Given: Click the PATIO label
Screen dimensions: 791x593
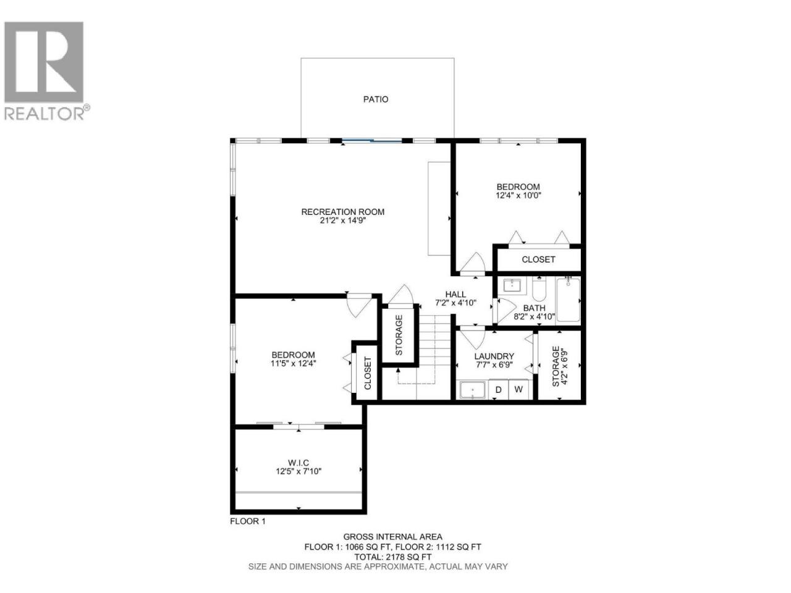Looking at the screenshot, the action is click(376, 99).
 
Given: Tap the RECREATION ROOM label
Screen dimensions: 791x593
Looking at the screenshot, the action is click(342, 212).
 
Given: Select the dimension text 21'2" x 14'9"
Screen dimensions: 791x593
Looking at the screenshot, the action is click(342, 221).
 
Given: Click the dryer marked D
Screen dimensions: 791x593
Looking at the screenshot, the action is click(498, 389).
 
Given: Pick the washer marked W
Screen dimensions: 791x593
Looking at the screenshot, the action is click(518, 389).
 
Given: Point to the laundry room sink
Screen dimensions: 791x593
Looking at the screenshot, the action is click(473, 390).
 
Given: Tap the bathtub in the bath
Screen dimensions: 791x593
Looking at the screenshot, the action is click(568, 300).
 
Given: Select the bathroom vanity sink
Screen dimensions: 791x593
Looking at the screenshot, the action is click(512, 285).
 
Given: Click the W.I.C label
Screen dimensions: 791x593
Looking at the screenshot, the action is click(298, 463).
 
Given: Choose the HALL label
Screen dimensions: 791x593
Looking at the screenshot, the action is click(455, 294).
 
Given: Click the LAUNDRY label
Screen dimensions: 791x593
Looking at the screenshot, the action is click(494, 356).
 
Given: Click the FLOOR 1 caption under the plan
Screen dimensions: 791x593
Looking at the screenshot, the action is click(248, 521).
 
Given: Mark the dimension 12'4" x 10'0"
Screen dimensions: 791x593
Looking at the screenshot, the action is click(518, 196).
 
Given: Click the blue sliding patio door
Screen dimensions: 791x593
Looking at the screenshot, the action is click(372, 140).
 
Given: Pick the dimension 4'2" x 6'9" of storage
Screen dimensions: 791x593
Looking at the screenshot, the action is click(564, 366).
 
